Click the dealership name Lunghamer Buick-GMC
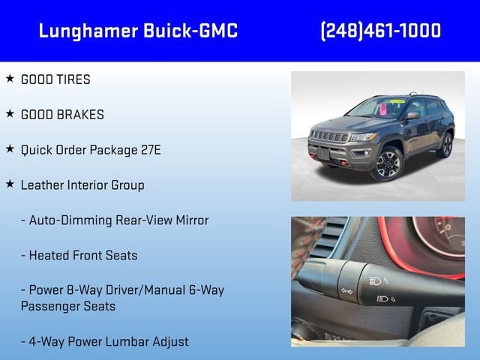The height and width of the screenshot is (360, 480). point(138,31)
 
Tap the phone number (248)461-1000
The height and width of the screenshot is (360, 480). point(381,31)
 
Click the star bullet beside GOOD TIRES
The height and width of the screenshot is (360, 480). point(10,78)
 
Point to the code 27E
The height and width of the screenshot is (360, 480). point(151,150)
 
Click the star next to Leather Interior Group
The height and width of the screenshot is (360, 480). point(10,184)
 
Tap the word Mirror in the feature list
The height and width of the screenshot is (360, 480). point(192,220)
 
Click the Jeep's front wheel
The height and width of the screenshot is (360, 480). point(388,164)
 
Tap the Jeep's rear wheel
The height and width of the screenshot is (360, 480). point(446,145)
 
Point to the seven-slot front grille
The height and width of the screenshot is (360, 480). point(329,136)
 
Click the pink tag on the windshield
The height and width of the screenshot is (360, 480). point(382,109)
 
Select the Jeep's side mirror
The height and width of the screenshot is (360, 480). point(413,115)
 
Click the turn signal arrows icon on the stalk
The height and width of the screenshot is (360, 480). point(346,291)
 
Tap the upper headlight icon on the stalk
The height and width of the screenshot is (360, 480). point(379,280)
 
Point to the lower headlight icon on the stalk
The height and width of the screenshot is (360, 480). point(385,298)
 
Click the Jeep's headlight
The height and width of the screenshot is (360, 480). point(364,136)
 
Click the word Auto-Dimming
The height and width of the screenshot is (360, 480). point(70,220)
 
